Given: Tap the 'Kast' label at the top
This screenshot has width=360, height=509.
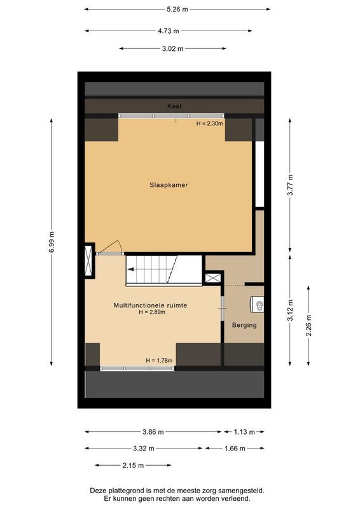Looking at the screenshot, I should [x=174, y=106].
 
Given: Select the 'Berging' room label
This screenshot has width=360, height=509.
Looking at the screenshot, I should [x=244, y=325].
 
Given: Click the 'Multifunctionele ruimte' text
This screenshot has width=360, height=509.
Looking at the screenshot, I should [x=150, y=305].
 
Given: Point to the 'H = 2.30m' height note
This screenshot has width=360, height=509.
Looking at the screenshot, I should [x=210, y=123].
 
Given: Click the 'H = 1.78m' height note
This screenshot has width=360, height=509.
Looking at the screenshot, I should [x=159, y=361].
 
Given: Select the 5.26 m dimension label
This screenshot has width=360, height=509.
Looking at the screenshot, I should [x=177, y=10].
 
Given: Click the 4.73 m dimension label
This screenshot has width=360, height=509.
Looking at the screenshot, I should [x=168, y=30].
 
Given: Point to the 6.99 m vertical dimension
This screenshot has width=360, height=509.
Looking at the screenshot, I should [x=51, y=242].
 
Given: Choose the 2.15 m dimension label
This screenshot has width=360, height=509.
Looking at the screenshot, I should [x=133, y=466].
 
